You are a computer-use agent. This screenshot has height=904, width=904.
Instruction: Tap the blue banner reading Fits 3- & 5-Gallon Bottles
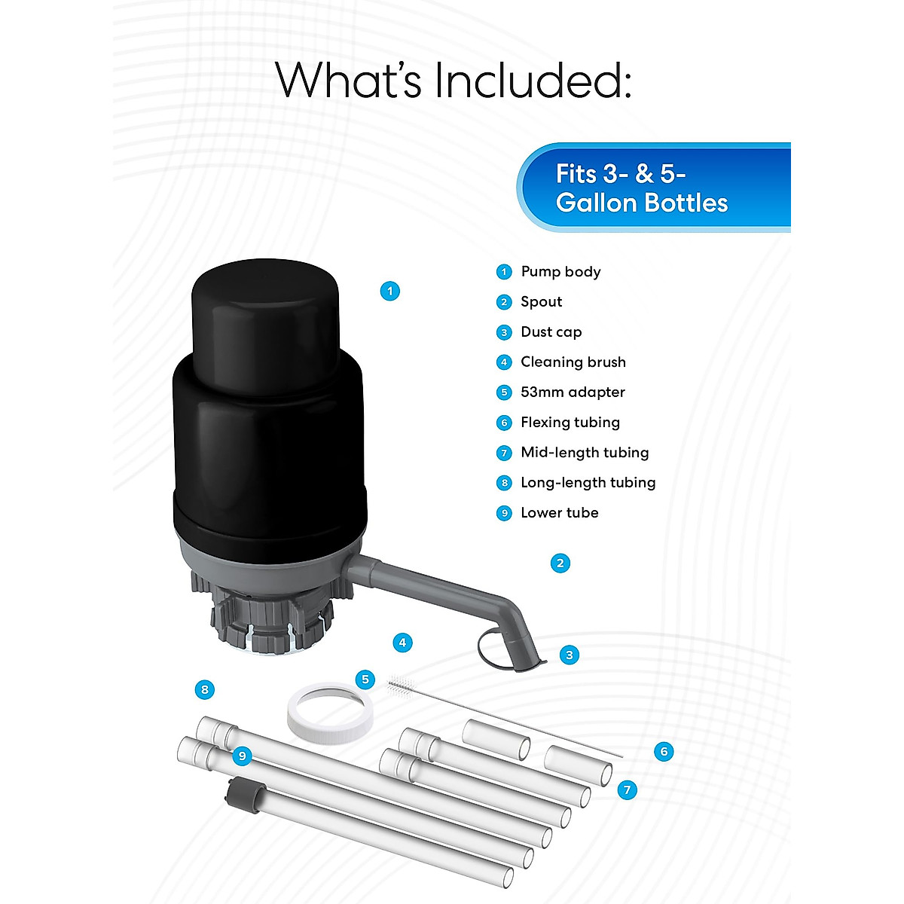[x=654, y=188]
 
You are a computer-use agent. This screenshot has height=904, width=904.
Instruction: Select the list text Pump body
[x=560, y=272]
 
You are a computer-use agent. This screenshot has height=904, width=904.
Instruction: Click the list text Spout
[x=541, y=302]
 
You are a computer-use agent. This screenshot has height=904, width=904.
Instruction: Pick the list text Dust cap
[x=551, y=332]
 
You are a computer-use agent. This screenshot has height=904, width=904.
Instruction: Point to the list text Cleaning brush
[x=573, y=362]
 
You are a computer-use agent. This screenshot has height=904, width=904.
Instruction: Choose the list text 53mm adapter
[x=573, y=392]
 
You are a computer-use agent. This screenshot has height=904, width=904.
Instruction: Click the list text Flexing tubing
[x=570, y=423]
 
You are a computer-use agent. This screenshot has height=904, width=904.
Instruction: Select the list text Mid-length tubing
[x=584, y=453]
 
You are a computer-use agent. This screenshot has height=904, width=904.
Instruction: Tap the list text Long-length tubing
[x=588, y=483]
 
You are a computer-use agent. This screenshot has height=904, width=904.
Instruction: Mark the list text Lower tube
[x=559, y=513]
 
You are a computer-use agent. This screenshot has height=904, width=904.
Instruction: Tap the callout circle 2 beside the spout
[x=560, y=563]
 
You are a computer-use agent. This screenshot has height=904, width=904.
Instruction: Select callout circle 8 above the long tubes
[x=204, y=689]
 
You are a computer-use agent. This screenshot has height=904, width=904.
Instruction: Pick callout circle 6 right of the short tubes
[x=664, y=751]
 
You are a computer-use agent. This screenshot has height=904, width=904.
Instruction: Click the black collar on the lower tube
[x=243, y=792]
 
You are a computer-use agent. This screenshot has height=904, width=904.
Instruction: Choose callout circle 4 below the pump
[x=402, y=643]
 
